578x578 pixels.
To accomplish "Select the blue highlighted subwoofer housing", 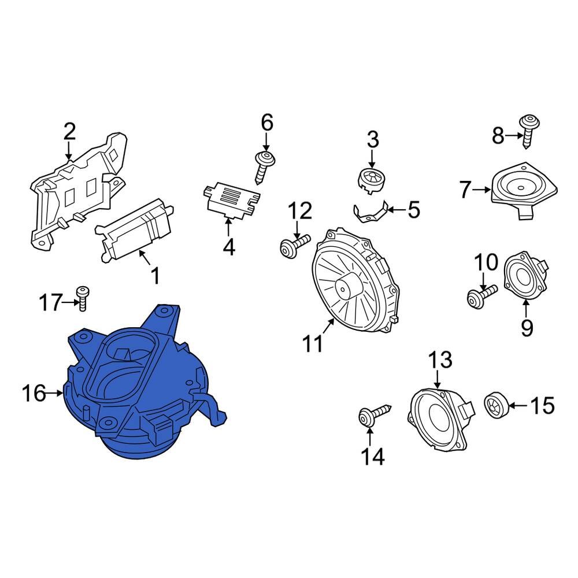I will pyautogui.click(x=139, y=393).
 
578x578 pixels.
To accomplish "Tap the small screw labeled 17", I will pyautogui.click(x=83, y=297).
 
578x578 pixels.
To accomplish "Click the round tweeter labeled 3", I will pyautogui.click(x=371, y=176).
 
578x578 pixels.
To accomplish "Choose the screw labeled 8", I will pyautogui.click(x=528, y=130).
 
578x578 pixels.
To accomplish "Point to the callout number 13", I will pyautogui.click(x=439, y=361).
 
